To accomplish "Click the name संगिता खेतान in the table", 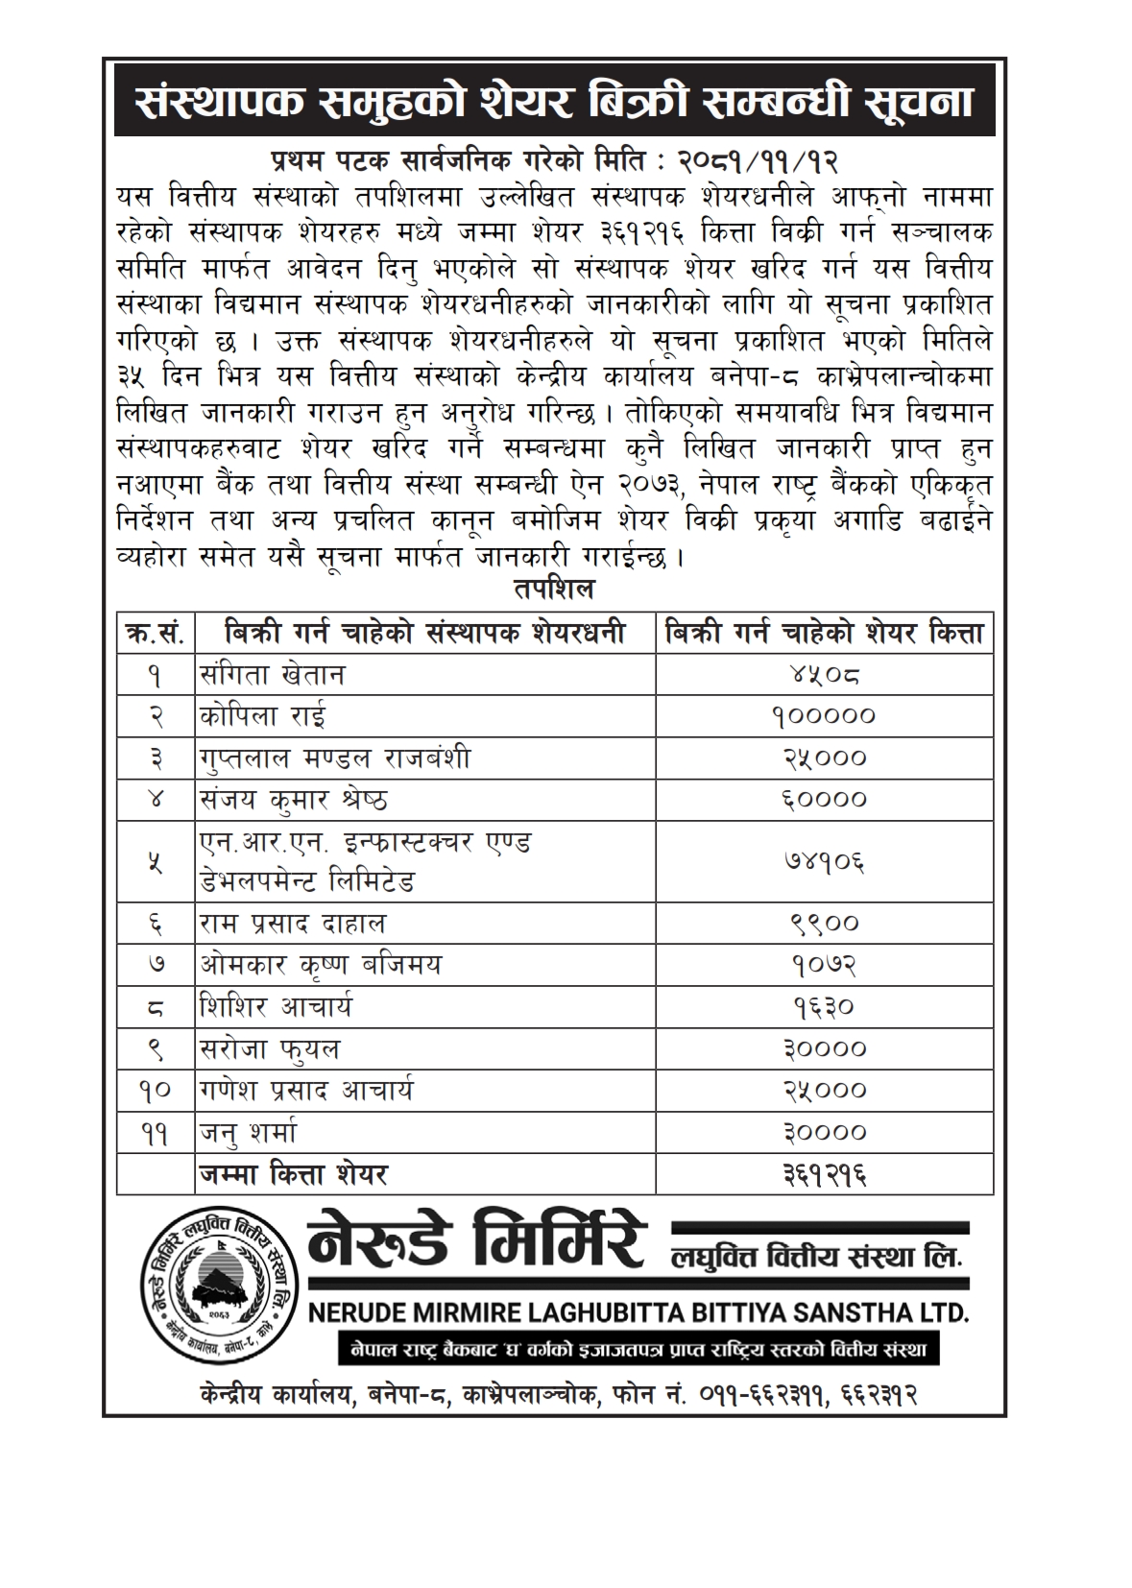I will point(272,675).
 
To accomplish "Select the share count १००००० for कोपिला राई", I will point(823,716).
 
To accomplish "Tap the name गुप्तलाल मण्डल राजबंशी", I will point(335,758).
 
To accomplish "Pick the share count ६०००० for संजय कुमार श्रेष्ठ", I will point(823,799).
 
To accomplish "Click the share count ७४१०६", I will point(823,861).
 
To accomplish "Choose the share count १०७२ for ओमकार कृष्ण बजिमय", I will point(823,965).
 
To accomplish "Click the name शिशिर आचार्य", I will point(276,1007).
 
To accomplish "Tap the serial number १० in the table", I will point(156,1091).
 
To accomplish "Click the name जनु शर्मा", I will point(249,1133).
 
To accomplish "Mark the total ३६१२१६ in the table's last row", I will point(823,1174).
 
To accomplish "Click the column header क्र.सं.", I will point(156,634).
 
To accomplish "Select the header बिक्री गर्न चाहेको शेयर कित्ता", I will point(823,634).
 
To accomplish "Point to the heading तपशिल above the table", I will point(553,588).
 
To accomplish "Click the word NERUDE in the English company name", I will point(362,1312).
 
